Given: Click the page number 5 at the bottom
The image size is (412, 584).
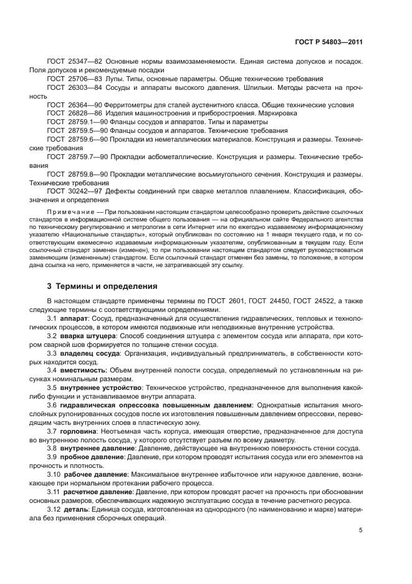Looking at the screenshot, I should pyautogui.click(x=360, y=530).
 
